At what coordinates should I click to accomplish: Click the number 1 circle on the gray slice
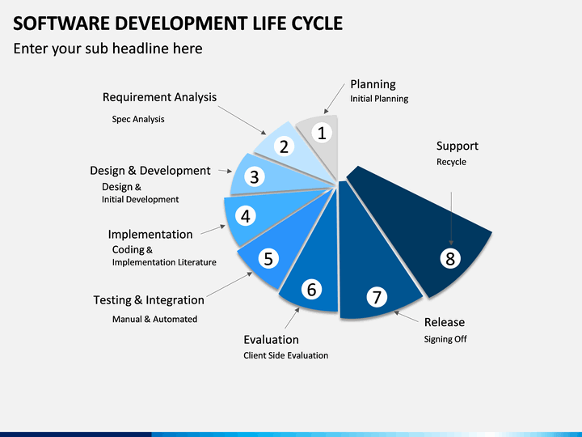pos(322,133)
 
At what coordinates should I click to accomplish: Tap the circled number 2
pos(284,146)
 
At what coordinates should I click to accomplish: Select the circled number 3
pos(255,177)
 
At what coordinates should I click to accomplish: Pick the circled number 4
pos(246,216)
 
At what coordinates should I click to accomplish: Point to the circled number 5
pos(268,259)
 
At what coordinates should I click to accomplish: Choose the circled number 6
pos(311,290)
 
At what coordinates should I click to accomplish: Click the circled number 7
pos(377,297)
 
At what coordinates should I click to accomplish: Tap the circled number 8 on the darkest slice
pos(450,259)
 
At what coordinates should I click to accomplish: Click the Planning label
pos(373,84)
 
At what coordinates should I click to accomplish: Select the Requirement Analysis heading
pos(159,97)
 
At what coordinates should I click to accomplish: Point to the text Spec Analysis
pos(138,119)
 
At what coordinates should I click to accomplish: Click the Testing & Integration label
pos(149,300)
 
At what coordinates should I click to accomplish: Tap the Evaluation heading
pos(271,340)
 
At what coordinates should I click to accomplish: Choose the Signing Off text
pos(445,339)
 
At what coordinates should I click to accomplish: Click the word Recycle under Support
pos(451,162)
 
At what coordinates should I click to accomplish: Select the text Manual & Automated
pos(154,319)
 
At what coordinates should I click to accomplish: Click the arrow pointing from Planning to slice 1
pos(334,99)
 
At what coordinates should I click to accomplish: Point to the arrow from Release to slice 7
pos(406,317)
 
